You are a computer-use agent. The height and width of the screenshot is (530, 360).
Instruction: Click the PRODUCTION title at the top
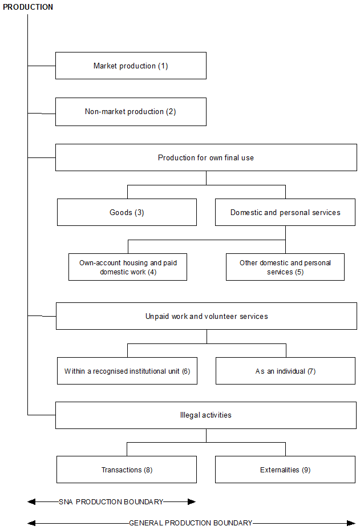click(x=28, y=7)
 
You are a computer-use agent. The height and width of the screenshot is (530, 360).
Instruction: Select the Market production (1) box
click(x=131, y=66)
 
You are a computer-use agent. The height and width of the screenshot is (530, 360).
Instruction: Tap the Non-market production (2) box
click(x=131, y=112)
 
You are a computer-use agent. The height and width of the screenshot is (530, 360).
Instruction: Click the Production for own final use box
click(x=206, y=157)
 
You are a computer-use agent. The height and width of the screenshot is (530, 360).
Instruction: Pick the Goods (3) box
click(x=127, y=212)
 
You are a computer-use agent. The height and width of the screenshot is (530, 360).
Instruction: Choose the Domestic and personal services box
click(x=285, y=212)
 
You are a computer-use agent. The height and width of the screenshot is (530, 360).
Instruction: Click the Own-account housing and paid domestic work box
click(x=128, y=267)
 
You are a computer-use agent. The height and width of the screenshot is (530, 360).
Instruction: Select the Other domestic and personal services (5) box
click(x=285, y=267)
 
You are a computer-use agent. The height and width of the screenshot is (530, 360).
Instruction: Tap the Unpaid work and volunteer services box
click(x=206, y=316)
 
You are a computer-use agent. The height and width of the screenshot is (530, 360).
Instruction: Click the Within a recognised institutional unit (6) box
click(x=127, y=371)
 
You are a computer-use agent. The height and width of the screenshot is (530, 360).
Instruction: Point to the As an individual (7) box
click(x=285, y=371)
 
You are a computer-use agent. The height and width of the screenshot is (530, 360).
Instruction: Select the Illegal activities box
click(x=206, y=415)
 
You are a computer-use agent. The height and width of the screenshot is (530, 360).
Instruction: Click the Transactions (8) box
click(x=127, y=470)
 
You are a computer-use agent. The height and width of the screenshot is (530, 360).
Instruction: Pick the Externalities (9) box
click(x=285, y=470)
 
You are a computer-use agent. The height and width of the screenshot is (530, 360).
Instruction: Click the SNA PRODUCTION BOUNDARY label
click(x=111, y=502)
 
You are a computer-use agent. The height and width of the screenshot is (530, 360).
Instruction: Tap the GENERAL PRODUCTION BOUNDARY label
click(x=191, y=523)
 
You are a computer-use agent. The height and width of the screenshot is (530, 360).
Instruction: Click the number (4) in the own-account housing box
click(x=152, y=272)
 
